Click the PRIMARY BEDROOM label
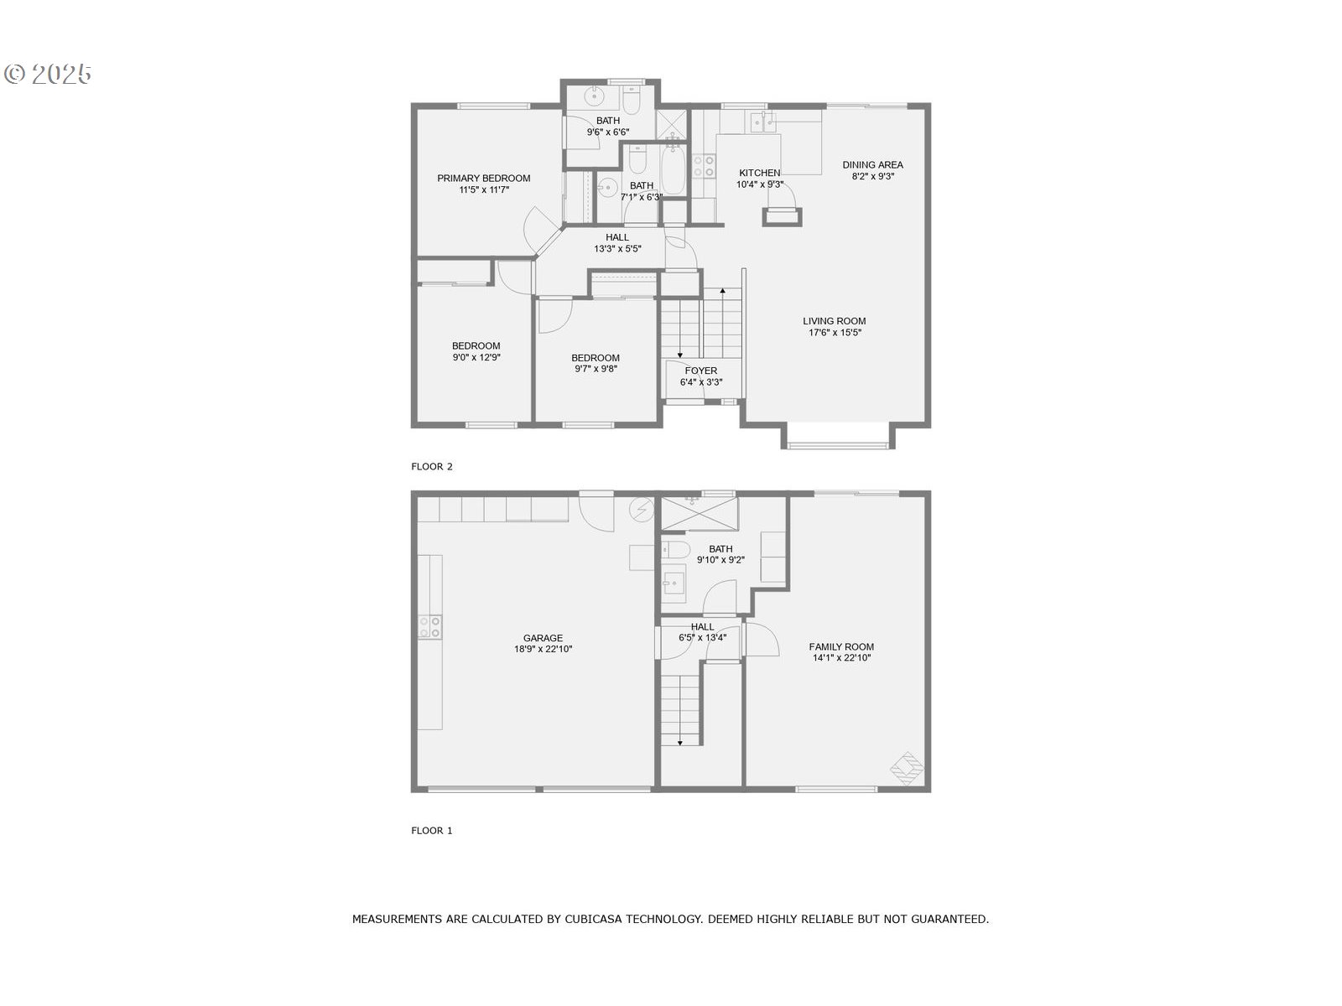pyautogui.click(x=483, y=178)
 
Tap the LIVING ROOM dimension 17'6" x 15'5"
pyautogui.click(x=834, y=333)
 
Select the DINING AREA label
pyautogui.click(x=872, y=164)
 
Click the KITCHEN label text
pyautogui.click(x=759, y=173)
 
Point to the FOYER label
pyautogui.click(x=700, y=371)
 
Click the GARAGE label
pyautogui.click(x=543, y=638)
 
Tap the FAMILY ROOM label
pyautogui.click(x=841, y=646)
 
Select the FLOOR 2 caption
pyautogui.click(x=432, y=466)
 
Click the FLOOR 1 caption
pyautogui.click(x=432, y=831)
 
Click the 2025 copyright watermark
pyautogui.click(x=49, y=74)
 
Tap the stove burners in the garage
pyautogui.click(x=429, y=627)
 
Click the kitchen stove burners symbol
pyautogui.click(x=703, y=167)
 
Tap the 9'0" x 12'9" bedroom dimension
pyautogui.click(x=476, y=357)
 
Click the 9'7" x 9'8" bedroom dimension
pyautogui.click(x=596, y=369)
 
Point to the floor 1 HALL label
pyautogui.click(x=702, y=626)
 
